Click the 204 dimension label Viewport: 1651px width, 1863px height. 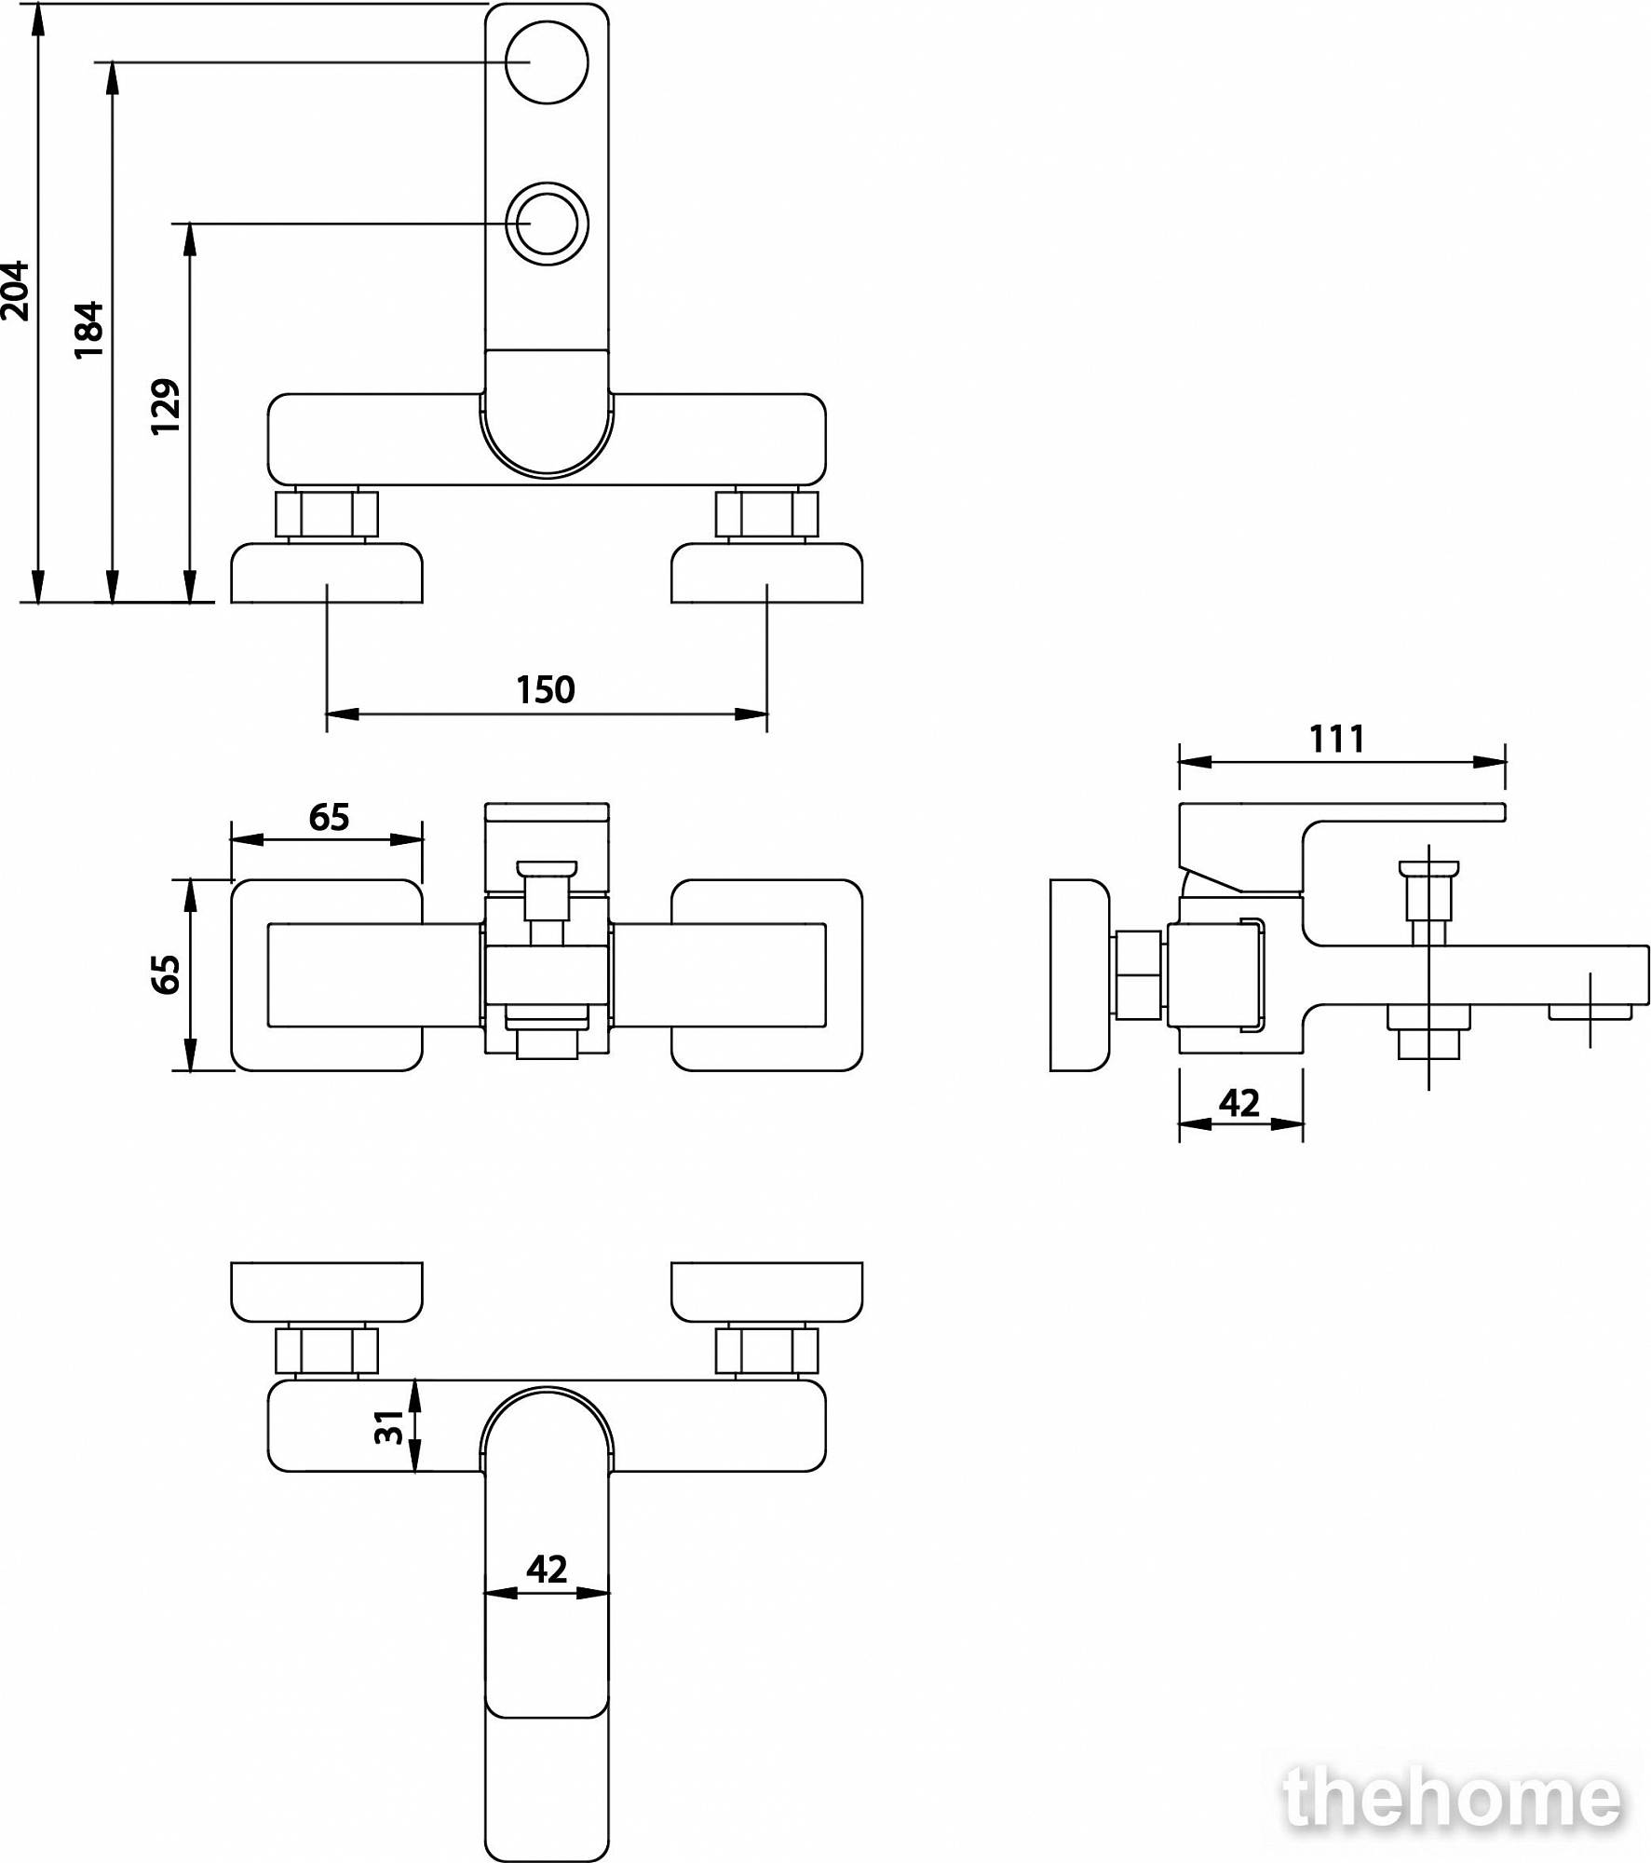[x=16, y=292]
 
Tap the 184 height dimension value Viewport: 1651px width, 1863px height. [x=89, y=330]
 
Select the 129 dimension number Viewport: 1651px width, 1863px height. [x=167, y=406]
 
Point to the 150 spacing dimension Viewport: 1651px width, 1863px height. [x=546, y=690]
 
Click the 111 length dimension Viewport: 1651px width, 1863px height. [x=1337, y=739]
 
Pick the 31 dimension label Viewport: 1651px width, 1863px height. [x=389, y=1426]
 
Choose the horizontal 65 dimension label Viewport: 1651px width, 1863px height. [x=329, y=817]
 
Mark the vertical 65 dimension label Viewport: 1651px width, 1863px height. [x=167, y=974]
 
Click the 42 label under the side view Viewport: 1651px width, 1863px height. [x=1239, y=1104]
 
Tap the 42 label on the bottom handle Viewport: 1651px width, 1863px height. [x=547, y=1571]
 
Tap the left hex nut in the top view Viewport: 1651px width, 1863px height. [x=327, y=514]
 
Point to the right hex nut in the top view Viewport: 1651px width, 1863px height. [x=767, y=514]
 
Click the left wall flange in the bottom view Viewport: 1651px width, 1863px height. [x=327, y=1293]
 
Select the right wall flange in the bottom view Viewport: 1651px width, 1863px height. [x=767, y=1293]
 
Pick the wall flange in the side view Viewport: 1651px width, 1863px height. [x=1080, y=975]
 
